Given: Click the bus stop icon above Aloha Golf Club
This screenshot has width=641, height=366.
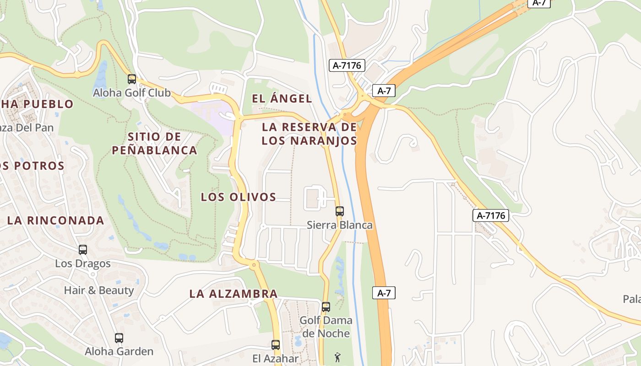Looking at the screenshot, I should tap(132, 79).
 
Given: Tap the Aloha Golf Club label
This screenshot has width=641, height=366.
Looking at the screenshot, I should tap(131, 93).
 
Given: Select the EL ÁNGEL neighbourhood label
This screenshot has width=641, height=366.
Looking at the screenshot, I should tap(282, 98).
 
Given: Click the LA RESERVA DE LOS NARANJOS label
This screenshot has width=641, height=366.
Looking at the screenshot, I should tap(309, 134).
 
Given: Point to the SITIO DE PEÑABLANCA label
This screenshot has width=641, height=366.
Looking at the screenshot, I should tap(155, 143).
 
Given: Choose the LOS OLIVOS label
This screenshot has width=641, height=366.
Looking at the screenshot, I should tap(239, 197).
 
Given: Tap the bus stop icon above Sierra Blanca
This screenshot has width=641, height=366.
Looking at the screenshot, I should tap(339, 211).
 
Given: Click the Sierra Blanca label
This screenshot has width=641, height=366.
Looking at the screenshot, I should tap(339, 225).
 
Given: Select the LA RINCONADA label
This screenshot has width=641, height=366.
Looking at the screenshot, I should tap(56, 221).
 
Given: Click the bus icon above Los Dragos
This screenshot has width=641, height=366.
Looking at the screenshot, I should tap(83, 250).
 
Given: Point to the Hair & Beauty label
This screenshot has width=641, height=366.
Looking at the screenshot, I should tap(99, 291).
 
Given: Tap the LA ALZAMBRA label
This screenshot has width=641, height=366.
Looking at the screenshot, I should tap(234, 294).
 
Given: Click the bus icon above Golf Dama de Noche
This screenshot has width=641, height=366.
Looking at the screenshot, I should tap(326, 307).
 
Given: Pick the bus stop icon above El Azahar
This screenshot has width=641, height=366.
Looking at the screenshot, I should tap(275, 344).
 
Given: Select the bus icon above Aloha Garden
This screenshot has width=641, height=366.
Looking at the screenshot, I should tap(119, 338).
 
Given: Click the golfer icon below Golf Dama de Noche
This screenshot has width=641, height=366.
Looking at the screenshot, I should tap(337, 357).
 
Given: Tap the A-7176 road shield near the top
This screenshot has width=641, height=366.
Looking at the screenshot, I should tap(347, 65).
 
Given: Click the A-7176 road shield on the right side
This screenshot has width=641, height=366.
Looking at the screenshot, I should tap(491, 215).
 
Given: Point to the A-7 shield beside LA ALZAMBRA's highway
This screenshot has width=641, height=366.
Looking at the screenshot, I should tap(384, 293).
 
